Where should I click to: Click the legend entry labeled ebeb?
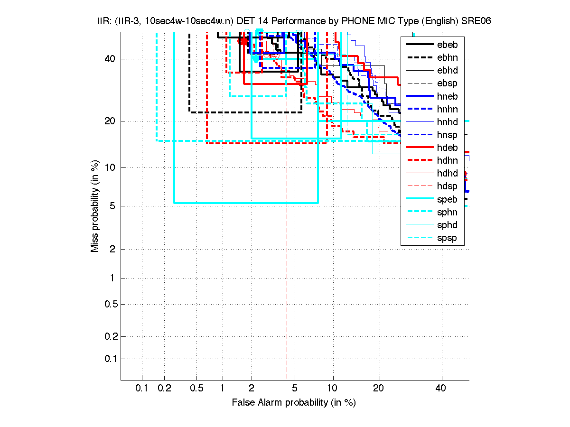click(x=447, y=45)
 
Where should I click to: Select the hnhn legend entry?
click(x=447, y=109)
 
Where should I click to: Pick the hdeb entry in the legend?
click(x=447, y=148)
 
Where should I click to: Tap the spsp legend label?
click(x=447, y=238)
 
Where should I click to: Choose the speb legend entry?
click(x=447, y=199)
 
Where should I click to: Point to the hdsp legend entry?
click(x=447, y=186)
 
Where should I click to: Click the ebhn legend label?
click(x=447, y=57)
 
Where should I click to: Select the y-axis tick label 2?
click(x=111, y=249)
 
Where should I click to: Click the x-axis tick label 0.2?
click(x=165, y=389)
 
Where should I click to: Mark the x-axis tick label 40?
click(x=441, y=389)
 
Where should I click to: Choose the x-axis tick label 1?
click(x=223, y=389)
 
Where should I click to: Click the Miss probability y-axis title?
click(x=95, y=206)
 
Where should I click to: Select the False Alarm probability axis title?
click(x=294, y=403)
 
